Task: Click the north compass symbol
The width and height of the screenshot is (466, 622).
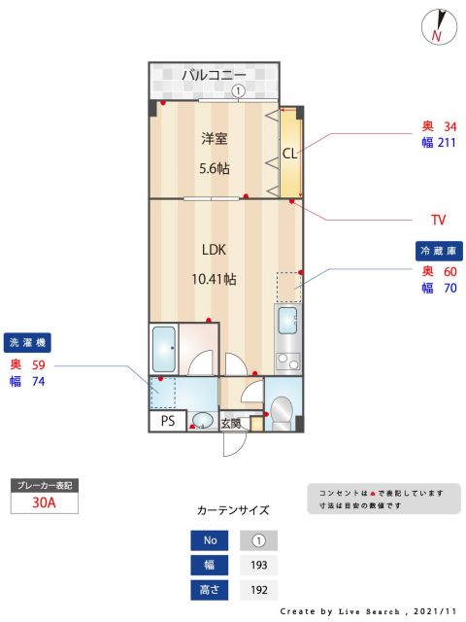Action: click(439, 26)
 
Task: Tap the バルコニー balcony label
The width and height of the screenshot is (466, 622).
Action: click(214, 74)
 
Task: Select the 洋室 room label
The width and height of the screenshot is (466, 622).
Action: click(214, 139)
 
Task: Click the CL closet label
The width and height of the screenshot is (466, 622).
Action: click(289, 154)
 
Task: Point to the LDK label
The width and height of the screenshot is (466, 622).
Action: click(214, 250)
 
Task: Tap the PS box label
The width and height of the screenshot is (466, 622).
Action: click(166, 421)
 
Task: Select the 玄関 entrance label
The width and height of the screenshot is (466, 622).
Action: click(230, 423)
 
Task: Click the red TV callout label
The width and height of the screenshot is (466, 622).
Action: click(438, 219)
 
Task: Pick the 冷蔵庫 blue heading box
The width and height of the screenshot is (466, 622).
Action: click(437, 251)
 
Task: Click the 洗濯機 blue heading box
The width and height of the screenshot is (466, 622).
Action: click(28, 342)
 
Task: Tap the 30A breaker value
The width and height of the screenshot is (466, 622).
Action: click(43, 502)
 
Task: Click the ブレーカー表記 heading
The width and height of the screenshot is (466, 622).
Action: click(43, 483)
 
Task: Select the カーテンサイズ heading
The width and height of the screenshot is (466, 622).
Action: click(233, 510)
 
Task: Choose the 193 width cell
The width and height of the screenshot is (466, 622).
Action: click(258, 564)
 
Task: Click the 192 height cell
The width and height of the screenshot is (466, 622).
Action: click(258, 589)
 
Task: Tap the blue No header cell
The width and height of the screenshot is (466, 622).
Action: click(210, 539)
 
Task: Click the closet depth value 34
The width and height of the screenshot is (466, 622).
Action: click(449, 126)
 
